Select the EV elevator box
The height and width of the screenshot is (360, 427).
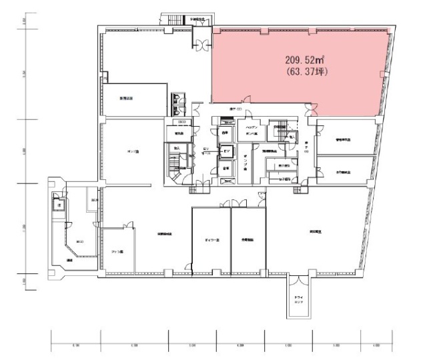pyautogui.click(x=226, y=151)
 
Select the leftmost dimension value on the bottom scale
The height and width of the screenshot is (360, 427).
pyautogui.click(x=75, y=345)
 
